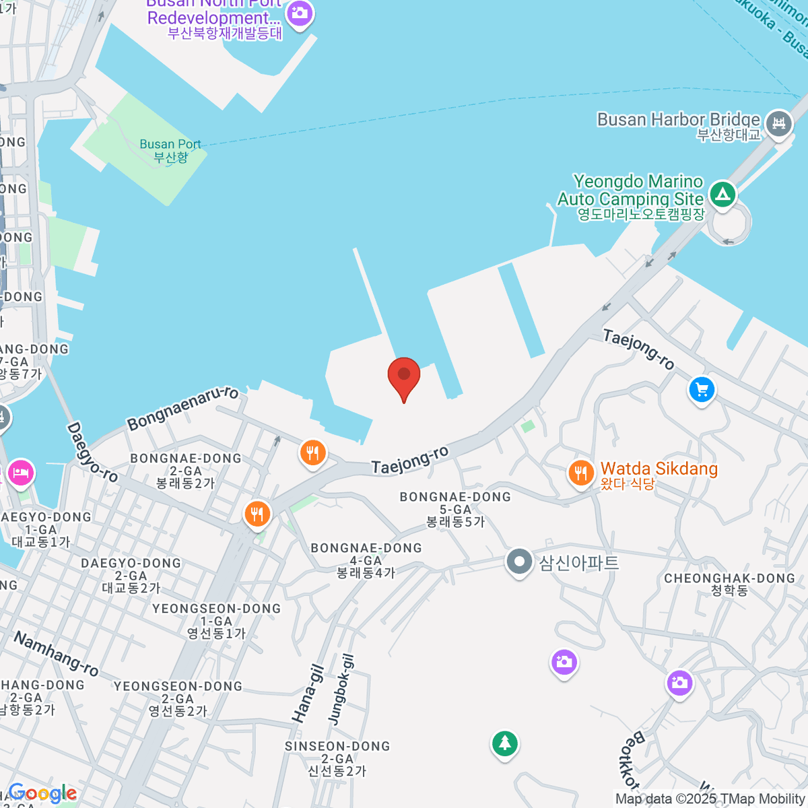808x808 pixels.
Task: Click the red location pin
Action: tap(404, 376)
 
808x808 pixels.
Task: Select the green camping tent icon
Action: tap(722, 195)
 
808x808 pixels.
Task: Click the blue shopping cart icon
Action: tap(702, 390)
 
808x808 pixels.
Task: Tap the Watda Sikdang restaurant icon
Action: tap(580, 473)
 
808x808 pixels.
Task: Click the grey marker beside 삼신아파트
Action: tap(519, 562)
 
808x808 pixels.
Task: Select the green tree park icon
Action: tap(504, 744)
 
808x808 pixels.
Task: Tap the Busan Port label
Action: tap(170, 150)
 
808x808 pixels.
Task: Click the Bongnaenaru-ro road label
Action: tap(182, 407)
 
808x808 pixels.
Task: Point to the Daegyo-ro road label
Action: tap(92, 452)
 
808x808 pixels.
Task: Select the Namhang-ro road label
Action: tap(57, 653)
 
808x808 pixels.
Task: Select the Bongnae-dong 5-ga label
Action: tap(455, 508)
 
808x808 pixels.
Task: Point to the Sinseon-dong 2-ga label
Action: tap(337, 758)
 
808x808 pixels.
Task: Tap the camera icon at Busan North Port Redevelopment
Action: tap(299, 13)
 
